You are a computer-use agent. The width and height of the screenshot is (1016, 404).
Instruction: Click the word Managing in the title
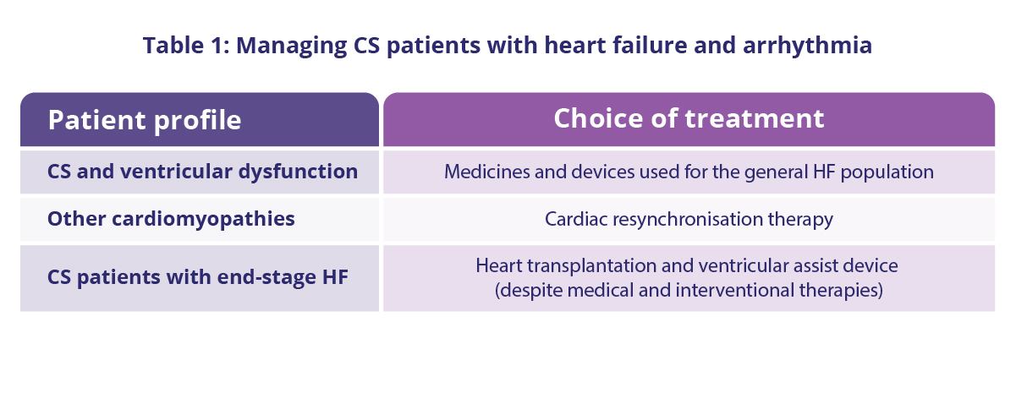pos(291,46)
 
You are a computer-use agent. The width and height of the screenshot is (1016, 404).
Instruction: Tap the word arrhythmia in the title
pos(807,46)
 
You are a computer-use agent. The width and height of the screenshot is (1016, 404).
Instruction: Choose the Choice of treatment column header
pos(689,118)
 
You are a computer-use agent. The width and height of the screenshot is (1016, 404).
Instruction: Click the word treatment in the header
pos(755,118)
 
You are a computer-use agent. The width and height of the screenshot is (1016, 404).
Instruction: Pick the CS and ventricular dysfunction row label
pos(202,172)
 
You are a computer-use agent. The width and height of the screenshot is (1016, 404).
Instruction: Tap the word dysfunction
pos(298,172)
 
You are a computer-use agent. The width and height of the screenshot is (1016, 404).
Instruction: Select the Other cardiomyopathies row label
pos(171,219)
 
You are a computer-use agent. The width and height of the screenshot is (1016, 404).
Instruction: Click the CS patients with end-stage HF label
pos(198,277)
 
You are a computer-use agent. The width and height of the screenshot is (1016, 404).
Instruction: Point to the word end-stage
pos(266,277)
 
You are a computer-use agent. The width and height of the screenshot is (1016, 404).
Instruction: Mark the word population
pos(887,172)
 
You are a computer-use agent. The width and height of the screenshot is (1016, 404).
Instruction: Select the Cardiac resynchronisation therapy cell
pos(689,219)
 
